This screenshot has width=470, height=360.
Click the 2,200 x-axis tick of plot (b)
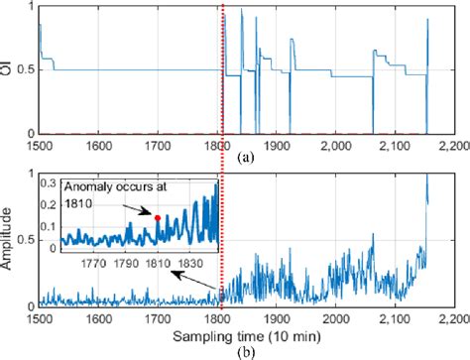pyautogui.click(x=453, y=319)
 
